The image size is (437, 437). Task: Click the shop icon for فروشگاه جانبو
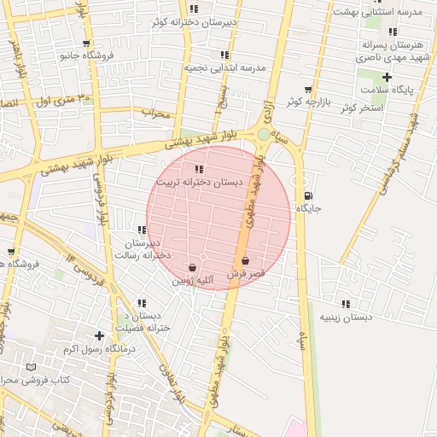point(86,43)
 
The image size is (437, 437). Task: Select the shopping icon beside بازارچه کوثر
point(308,90)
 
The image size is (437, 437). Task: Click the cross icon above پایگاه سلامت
point(387,77)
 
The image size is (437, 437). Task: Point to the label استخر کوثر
point(360,108)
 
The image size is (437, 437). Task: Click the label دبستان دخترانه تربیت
point(199,183)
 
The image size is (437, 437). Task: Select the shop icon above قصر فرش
point(246,261)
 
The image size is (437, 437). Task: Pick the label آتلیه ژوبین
point(197,280)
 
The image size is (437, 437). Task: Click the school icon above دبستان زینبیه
point(346,304)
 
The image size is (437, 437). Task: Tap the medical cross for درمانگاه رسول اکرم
point(100,336)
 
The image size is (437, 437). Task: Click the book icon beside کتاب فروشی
point(32,367)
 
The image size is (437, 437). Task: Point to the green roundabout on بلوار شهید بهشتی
point(264,134)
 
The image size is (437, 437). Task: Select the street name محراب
point(156,113)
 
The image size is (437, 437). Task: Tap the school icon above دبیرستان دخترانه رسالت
point(142,230)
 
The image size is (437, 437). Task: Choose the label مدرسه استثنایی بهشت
point(393,12)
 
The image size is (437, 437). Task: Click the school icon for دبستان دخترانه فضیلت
point(142,303)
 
